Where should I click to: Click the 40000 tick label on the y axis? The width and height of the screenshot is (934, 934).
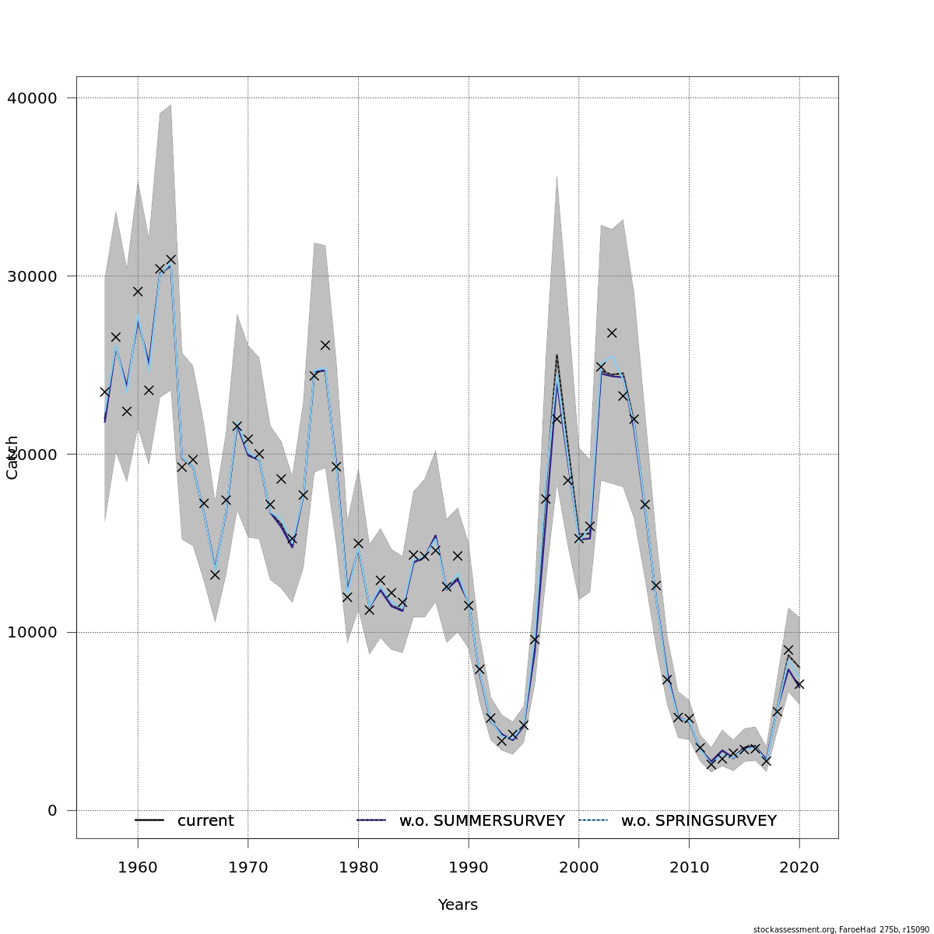32,98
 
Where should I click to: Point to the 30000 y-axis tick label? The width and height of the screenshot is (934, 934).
32,276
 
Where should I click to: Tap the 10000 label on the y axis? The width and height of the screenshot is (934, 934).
32,632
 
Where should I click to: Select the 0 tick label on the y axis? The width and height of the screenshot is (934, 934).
52,810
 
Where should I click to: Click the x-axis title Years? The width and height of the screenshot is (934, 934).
458,904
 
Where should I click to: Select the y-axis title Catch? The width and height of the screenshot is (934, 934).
12,458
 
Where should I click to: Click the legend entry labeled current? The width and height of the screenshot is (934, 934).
205,820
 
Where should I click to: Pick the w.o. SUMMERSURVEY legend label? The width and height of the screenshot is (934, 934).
482,820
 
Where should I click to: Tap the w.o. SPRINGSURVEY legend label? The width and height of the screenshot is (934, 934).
698,820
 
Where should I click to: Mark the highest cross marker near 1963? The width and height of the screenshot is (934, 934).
170,259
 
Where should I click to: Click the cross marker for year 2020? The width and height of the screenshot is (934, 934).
799,684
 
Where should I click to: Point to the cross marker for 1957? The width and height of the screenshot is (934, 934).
104,392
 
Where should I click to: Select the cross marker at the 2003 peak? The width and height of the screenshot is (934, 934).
612,332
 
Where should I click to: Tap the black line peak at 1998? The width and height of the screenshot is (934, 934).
557,355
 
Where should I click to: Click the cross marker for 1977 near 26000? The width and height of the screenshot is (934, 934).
325,345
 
